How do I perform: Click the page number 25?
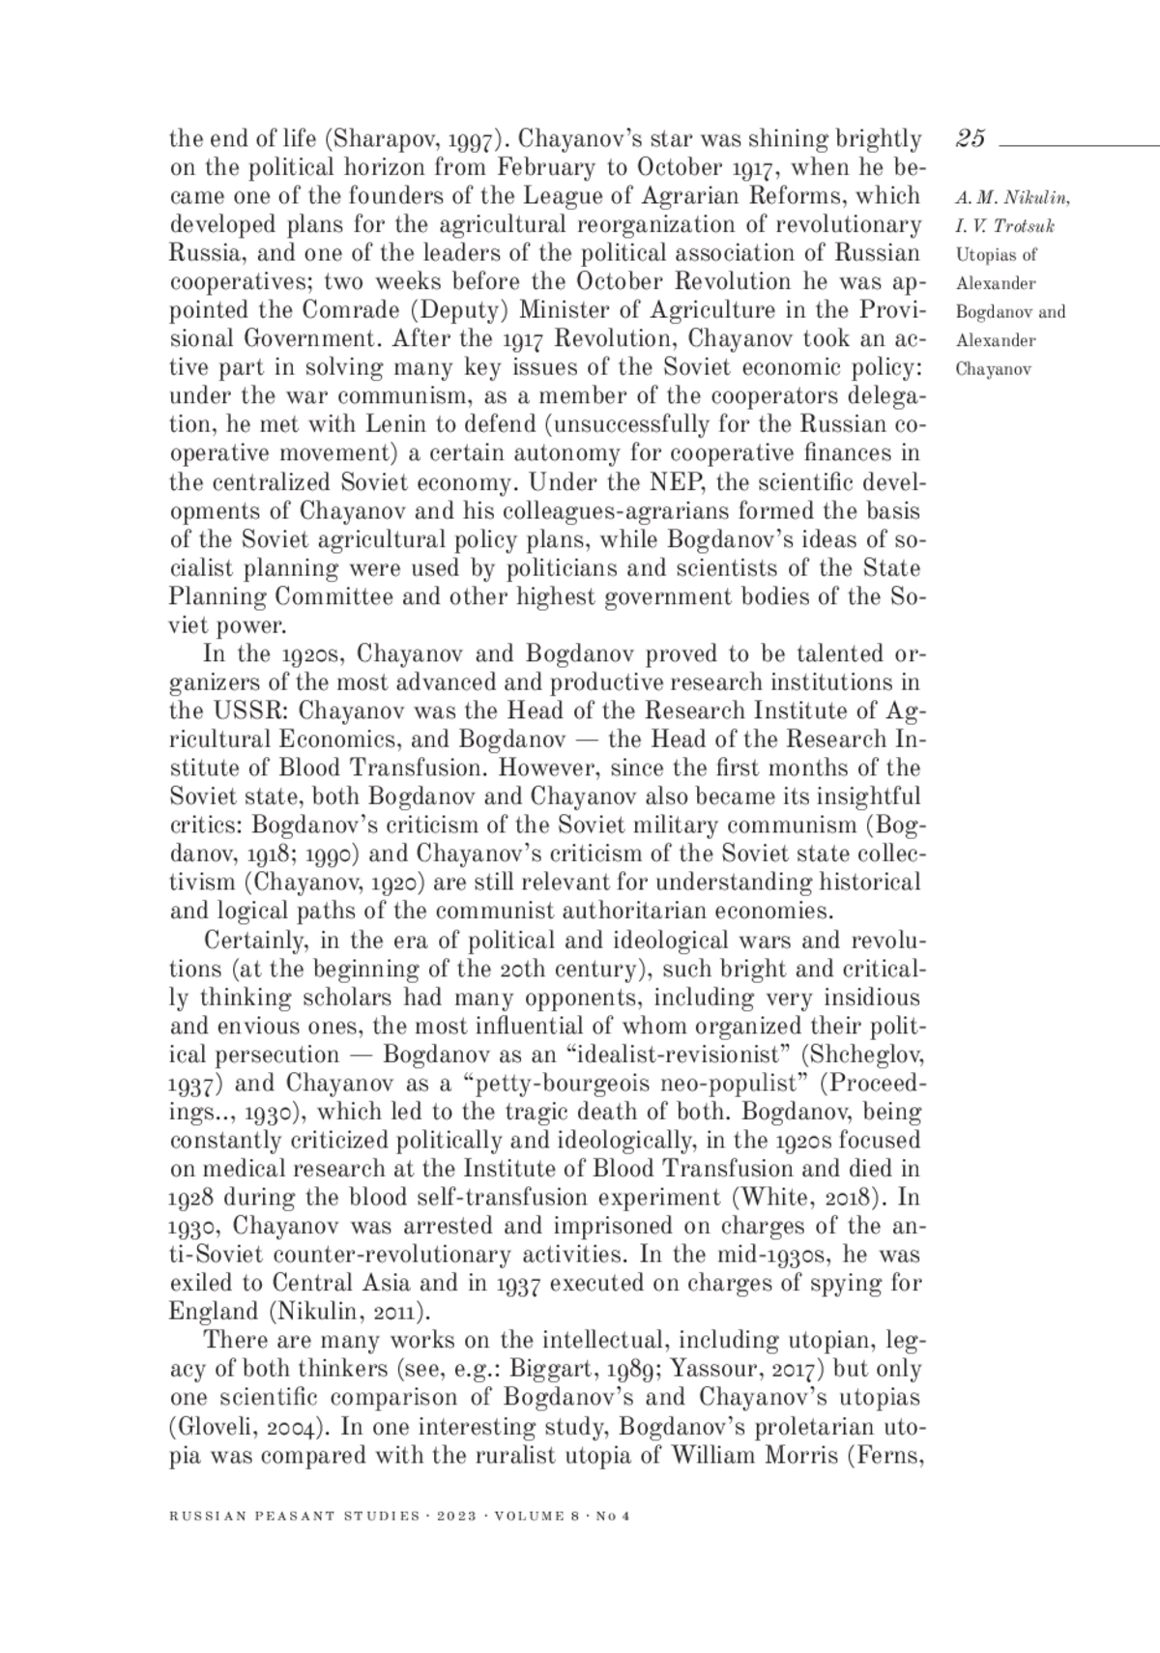point(971,139)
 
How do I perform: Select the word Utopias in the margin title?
point(982,255)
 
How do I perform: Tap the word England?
point(210,1312)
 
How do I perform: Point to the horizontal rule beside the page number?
point(1078,146)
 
